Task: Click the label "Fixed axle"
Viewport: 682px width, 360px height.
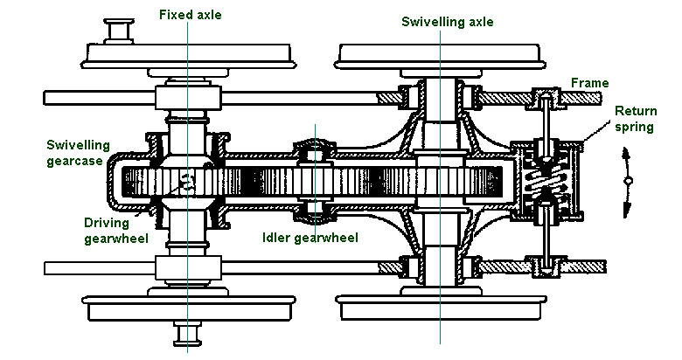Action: pos(189,14)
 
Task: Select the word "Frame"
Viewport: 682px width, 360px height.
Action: pos(589,83)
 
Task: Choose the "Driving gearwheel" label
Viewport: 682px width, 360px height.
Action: pos(86,231)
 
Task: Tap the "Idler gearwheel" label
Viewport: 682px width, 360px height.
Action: pos(311,236)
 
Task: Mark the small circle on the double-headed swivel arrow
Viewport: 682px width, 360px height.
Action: pos(628,181)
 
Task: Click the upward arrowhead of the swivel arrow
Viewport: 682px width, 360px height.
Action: pos(627,154)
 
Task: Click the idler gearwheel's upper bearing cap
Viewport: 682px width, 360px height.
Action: pos(314,149)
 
